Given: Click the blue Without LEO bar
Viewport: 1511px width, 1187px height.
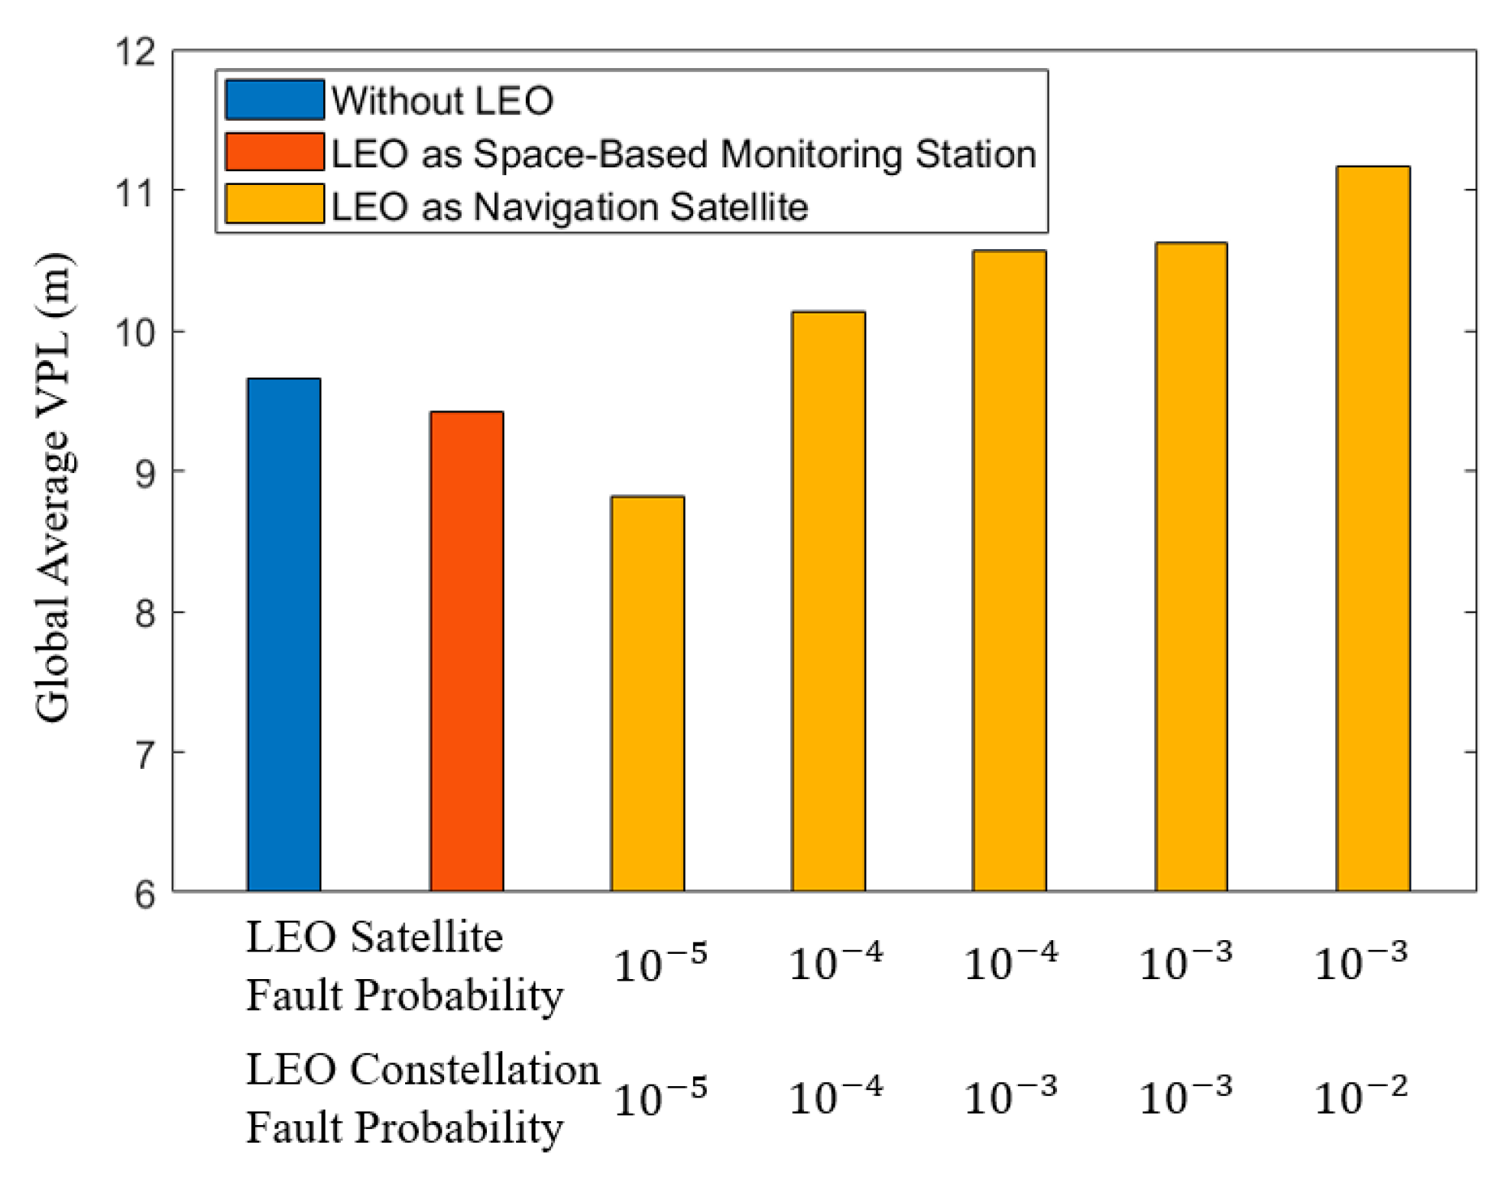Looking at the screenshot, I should pos(284,634).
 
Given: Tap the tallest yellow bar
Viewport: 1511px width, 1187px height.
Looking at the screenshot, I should pos(1373,528).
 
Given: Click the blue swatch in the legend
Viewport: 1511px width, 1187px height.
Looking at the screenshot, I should pos(274,100).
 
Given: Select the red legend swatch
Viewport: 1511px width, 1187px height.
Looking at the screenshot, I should pos(274,152).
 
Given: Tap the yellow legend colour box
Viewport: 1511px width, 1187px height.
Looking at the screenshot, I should pos(274,205).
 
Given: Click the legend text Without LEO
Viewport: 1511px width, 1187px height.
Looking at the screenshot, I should pos(442,101).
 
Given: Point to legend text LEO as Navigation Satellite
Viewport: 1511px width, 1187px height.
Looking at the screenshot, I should pos(569,206).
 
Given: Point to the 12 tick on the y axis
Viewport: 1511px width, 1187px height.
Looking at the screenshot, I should pos(135,52).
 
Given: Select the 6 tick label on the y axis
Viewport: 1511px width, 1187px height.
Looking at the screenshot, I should pos(145,893).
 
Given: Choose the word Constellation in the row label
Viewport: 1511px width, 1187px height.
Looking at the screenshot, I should pos(474,1069).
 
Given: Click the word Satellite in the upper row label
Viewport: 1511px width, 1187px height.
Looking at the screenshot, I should pos(426,937).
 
